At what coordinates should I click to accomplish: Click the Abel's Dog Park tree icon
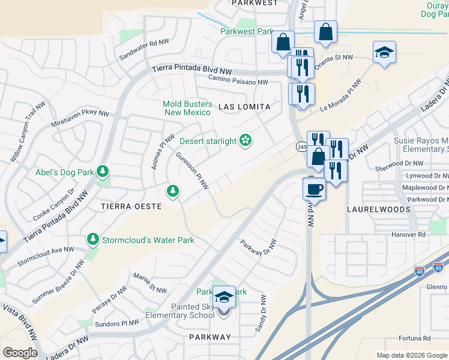click(x=103, y=172)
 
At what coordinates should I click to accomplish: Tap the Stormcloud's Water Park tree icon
click(x=93, y=240)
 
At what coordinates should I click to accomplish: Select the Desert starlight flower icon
click(x=245, y=141)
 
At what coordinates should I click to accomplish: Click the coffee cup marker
click(x=314, y=190)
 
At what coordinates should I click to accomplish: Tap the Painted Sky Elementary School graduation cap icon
click(x=224, y=297)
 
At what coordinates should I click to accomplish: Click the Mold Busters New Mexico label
click(x=187, y=108)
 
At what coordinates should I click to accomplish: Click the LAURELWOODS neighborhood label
click(x=378, y=209)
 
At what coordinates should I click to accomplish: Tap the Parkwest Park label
click(x=247, y=31)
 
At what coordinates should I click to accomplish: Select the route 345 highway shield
click(x=301, y=146)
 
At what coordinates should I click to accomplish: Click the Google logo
click(x=20, y=352)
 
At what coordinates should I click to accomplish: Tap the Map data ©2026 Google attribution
click(x=411, y=355)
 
